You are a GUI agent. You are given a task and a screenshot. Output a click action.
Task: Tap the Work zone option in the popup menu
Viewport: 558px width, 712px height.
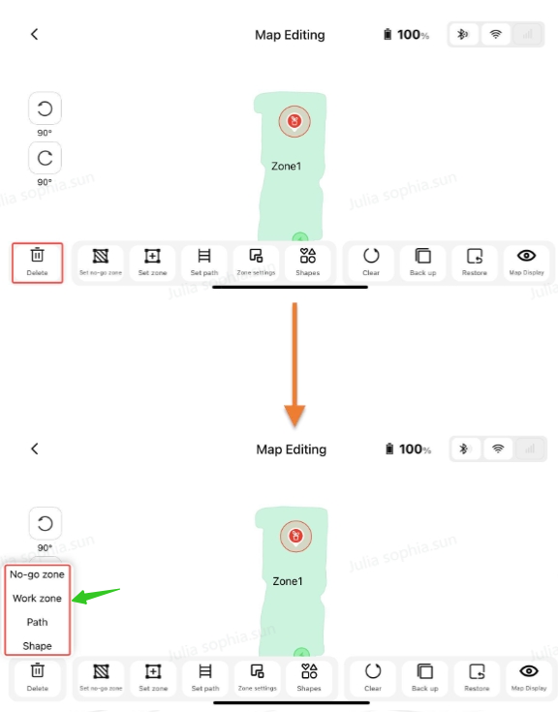click(x=37, y=599)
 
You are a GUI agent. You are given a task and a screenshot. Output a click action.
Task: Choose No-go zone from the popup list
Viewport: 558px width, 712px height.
click(x=37, y=574)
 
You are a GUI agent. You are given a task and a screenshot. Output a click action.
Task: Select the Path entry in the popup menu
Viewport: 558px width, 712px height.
click(x=37, y=622)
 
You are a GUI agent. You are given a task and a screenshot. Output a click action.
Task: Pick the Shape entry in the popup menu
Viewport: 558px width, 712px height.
click(x=37, y=646)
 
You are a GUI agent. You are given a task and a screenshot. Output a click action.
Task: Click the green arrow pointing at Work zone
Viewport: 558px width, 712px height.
click(x=95, y=596)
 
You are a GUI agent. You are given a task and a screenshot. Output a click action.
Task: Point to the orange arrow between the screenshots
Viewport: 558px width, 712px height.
click(x=294, y=364)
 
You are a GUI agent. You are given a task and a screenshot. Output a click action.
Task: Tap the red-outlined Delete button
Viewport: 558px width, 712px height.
click(x=37, y=263)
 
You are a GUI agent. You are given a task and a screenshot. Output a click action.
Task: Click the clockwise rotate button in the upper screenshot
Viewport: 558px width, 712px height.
click(x=45, y=158)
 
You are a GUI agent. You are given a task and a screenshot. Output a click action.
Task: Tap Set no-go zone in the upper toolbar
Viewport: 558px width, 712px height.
click(x=101, y=263)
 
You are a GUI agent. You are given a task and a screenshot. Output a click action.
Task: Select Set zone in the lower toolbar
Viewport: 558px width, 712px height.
click(x=153, y=678)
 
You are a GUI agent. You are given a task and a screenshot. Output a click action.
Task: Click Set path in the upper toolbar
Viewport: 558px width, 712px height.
click(x=204, y=263)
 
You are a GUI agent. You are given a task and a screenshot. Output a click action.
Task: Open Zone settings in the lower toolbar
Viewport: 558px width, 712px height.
click(x=257, y=678)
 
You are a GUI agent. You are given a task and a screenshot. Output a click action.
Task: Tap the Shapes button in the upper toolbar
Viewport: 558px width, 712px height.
click(x=308, y=263)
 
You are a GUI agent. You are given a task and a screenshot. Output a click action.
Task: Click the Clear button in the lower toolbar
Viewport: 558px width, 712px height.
click(x=373, y=678)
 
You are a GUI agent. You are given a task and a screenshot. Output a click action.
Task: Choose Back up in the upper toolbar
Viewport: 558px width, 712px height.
click(x=422, y=263)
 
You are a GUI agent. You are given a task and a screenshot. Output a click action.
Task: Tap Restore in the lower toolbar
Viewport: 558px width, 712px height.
click(x=477, y=678)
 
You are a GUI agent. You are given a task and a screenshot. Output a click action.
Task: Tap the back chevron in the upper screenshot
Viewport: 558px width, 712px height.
click(x=35, y=34)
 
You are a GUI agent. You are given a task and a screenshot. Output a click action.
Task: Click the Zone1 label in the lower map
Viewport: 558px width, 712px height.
click(x=288, y=581)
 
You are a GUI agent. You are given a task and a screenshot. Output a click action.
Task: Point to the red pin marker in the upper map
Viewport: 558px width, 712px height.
click(x=294, y=121)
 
